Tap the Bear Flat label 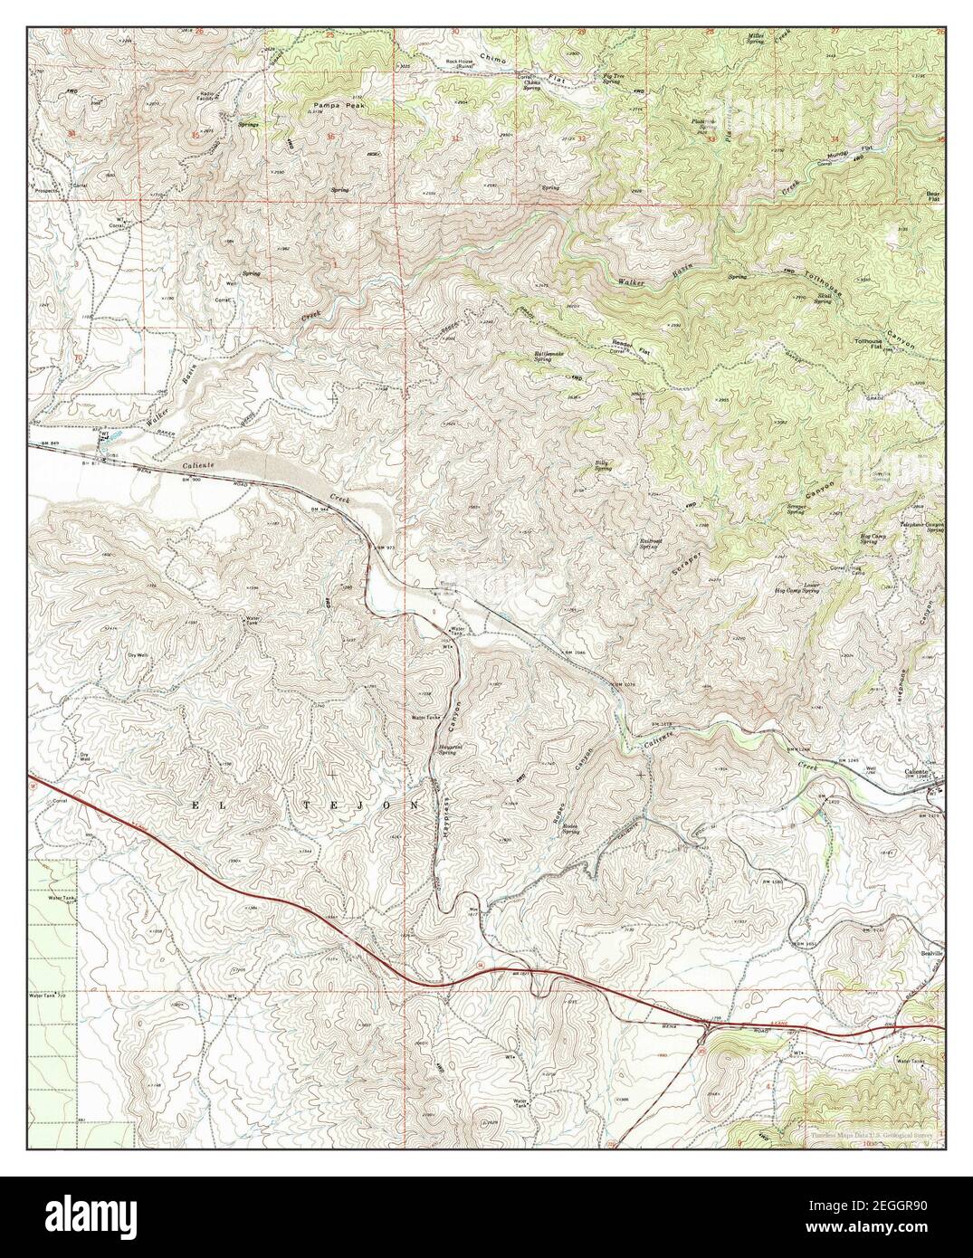coord(934,195)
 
